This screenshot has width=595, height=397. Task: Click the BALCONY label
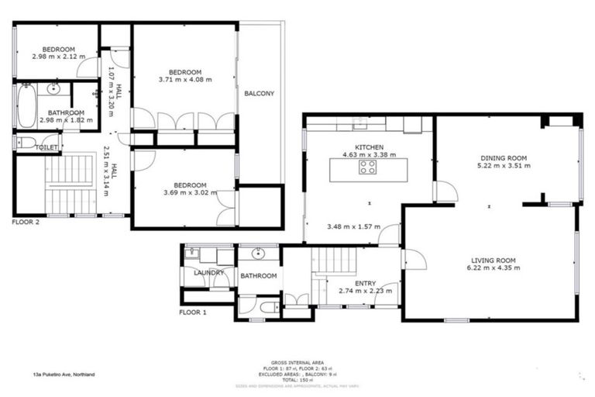coord(259,94)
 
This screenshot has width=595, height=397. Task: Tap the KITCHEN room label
coord(369,147)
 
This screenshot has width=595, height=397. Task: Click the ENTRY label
coord(365,283)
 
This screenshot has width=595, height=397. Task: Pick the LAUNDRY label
coord(209,273)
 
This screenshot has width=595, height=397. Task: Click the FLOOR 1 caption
coord(193,312)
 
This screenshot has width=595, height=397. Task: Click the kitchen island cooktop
coord(368,168)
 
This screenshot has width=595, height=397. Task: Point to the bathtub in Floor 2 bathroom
coord(26,106)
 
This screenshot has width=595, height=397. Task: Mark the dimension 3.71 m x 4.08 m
coord(185,79)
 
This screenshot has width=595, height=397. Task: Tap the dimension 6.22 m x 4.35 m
coord(494,268)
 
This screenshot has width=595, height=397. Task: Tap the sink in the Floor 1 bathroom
coord(257,254)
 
